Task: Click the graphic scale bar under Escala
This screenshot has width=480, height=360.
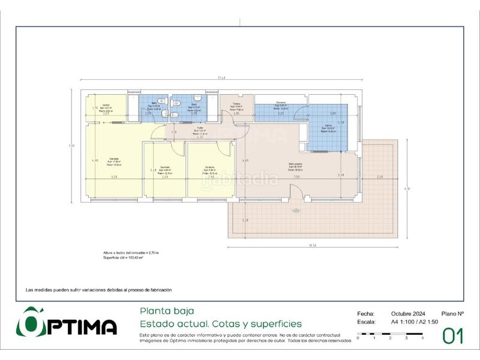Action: point(390,334)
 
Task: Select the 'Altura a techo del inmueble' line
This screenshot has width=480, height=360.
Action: point(131,253)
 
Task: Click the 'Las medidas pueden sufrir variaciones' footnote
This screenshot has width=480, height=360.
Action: point(98,290)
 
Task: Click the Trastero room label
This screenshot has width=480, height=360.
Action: point(236,106)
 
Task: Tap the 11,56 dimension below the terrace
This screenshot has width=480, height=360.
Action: point(312,245)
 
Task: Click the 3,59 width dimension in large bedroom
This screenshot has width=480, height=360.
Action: point(114,178)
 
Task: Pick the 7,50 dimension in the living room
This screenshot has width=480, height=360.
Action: point(296,177)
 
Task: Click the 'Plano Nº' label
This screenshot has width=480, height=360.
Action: point(452,313)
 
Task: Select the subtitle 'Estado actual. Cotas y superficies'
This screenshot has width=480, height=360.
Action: point(220,324)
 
